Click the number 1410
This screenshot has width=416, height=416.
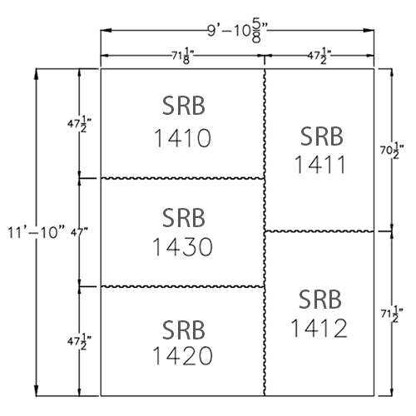pos(182,138)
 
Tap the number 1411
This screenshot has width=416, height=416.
pos(320,165)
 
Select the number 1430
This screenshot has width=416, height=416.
pos(182,246)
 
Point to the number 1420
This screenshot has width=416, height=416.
pos(182,355)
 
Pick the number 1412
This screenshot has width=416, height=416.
pos(319,328)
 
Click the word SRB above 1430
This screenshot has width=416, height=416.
pos(184,218)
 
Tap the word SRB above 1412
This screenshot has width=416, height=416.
pos(320,300)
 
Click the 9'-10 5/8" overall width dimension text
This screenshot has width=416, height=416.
pos(238,32)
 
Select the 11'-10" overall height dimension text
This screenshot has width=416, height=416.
pos(36,232)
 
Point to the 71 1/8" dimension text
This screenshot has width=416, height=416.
pos(182,57)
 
